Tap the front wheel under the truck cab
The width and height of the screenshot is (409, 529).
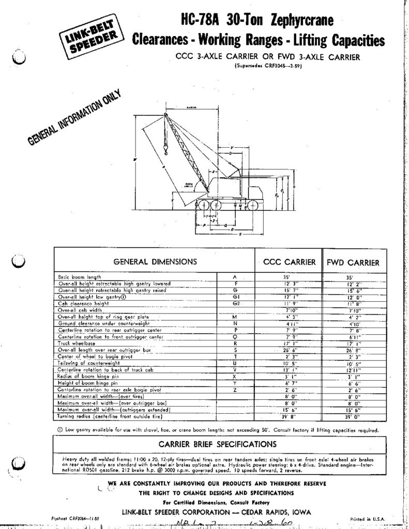253,205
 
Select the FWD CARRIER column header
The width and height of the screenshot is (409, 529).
353,262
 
